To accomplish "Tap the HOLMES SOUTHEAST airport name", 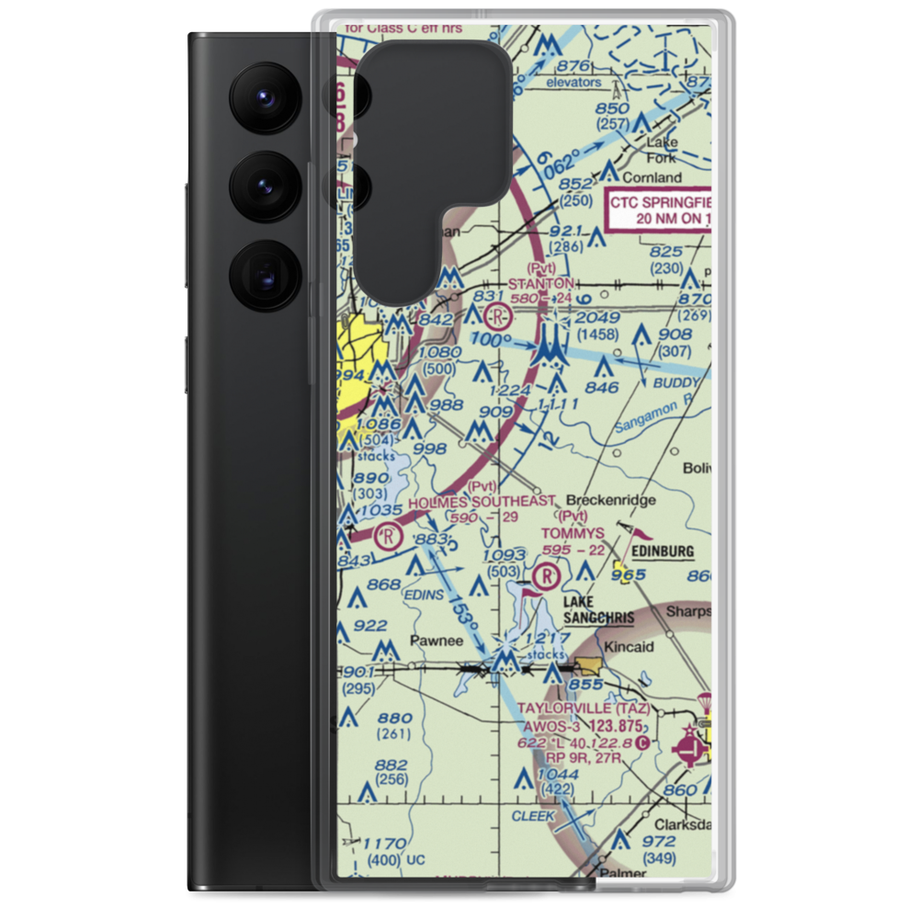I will [482, 501].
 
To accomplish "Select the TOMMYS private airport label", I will [573, 533].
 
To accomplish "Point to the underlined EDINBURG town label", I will [661, 550].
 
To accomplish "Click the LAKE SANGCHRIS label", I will [598, 610].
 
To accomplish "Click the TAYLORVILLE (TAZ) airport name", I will [584, 709].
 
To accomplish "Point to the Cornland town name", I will [652, 177].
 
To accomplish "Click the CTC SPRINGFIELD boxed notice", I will [659, 210].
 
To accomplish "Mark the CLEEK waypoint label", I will [534, 815].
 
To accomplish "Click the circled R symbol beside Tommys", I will [546, 576].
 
